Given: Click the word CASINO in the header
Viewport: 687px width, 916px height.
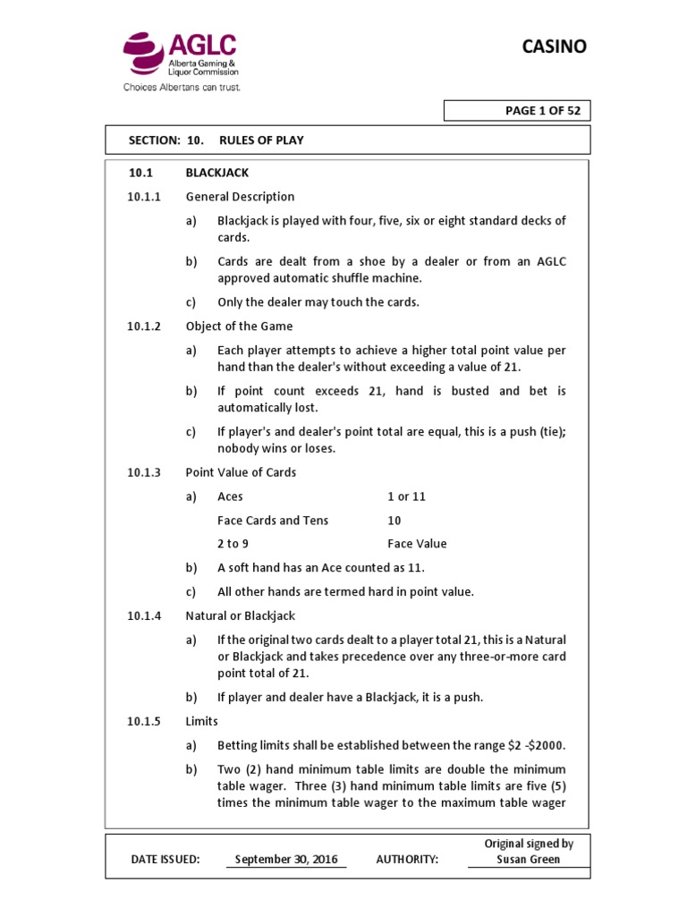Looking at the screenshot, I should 555,47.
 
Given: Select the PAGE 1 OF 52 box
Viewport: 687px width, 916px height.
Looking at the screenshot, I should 517,111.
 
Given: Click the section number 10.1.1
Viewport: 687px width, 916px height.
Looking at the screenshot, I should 144,197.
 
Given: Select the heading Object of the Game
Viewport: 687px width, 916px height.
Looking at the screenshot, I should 239,327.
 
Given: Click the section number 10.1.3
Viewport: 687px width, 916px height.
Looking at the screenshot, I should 144,472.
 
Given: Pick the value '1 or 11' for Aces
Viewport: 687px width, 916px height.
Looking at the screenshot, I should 406,496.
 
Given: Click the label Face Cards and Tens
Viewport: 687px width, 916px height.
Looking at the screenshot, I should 273,521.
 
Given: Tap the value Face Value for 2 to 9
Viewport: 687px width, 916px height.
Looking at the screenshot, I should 417,544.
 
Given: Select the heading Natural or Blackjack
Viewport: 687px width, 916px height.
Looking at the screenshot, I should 240,616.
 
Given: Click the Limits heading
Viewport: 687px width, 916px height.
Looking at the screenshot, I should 201,721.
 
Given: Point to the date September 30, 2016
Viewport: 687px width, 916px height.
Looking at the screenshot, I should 286,860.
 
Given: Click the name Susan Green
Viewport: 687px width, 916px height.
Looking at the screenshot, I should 529,860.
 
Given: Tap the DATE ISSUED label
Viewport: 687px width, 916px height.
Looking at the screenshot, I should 165,860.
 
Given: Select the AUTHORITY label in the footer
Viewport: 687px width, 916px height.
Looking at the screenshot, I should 407,860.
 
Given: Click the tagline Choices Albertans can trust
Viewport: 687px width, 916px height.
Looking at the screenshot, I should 182,88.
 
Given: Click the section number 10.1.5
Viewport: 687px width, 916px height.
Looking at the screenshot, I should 144,721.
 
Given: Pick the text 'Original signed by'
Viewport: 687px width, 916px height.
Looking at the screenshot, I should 529,844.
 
